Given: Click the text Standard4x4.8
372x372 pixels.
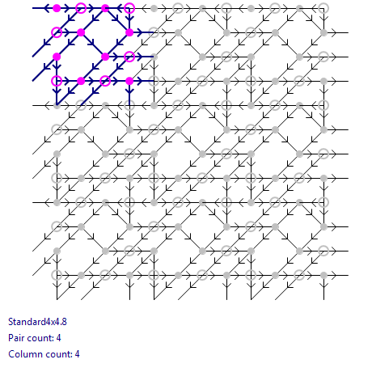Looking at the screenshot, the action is coord(37,322).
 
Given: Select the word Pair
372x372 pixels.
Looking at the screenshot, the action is coord(16,338).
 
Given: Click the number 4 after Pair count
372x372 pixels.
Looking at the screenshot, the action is coord(58,338).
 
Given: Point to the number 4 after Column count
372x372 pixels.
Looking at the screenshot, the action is coord(77,354).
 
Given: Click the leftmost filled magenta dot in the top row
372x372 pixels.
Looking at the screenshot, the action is coord(57,8).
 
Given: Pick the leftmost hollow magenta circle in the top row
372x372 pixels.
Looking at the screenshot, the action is coord(81,3).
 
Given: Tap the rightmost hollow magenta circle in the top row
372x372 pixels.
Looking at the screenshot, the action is coord(129,3).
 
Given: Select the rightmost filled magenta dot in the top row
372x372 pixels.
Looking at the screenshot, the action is coord(105,8).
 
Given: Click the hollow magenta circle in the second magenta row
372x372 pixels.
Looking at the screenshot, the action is coord(57,27).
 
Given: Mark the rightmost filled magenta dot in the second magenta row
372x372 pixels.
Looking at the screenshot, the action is coord(129,32).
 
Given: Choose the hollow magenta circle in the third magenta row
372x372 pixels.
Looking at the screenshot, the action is coord(129,52).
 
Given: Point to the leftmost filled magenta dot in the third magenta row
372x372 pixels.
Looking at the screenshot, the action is coord(57,57).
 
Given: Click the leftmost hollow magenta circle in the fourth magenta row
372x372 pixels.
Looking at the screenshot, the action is coord(57,76).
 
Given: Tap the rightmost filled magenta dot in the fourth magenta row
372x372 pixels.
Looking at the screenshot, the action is coord(129,81).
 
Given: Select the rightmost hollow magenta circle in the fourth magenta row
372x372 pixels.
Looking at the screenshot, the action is coord(105,76).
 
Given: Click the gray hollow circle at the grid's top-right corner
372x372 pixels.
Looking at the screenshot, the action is coord(323,3).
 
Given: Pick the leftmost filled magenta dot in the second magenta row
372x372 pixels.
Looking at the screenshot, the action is coord(81,32).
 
